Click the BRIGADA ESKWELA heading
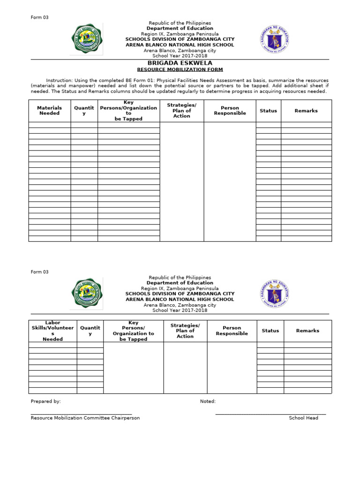[x=180, y=63]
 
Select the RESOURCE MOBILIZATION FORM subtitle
[x=180, y=70]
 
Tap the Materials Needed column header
[x=49, y=111]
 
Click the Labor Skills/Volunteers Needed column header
[x=52, y=331]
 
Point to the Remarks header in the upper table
[x=306, y=111]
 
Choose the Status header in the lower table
[x=270, y=331]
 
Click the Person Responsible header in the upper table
[x=230, y=111]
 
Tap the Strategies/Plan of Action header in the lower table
[x=185, y=331]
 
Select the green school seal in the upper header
[x=87, y=39]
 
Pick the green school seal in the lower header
[x=87, y=293]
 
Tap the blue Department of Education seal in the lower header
[x=274, y=294]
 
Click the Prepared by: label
[x=45, y=402]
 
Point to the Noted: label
[x=208, y=402]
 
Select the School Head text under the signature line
[x=303, y=418]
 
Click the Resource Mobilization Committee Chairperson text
[x=85, y=418]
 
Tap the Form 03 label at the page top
[x=39, y=17]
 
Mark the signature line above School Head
[x=270, y=414]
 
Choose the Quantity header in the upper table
[x=84, y=111]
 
